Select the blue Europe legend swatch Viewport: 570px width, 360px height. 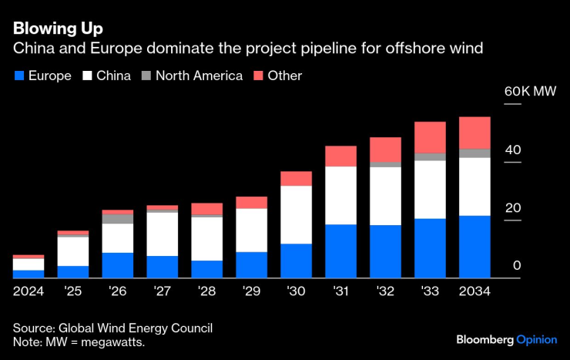19,76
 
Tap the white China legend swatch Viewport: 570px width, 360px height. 87,76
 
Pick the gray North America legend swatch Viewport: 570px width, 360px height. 146,76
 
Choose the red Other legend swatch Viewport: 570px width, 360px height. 258,76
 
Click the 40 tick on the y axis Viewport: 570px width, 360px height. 513,150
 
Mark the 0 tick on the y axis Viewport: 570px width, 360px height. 517,265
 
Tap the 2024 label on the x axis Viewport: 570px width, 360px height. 28,292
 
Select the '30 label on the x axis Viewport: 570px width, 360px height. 297,292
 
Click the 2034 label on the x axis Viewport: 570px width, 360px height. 475,292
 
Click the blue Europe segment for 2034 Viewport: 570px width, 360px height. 475,247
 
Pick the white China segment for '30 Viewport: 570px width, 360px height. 297,215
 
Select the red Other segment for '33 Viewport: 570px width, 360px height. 431,137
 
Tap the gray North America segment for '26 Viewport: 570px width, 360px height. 118,219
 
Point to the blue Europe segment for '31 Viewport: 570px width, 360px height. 341,251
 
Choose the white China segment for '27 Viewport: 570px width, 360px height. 163,234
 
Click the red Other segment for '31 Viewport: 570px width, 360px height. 341,156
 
